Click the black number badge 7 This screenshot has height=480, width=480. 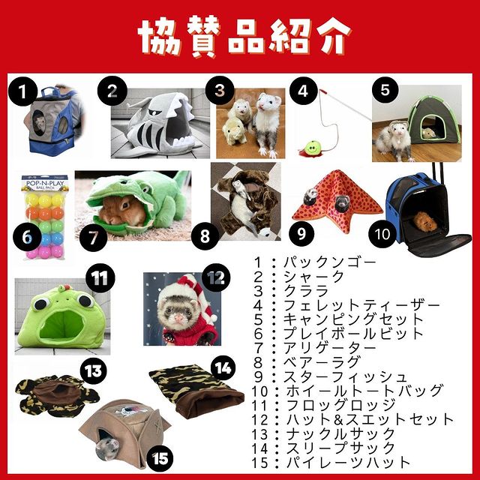pyautogui.click(x=93, y=238)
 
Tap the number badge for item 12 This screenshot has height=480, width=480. pyautogui.click(x=216, y=277)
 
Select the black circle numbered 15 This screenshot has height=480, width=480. pyautogui.click(x=160, y=458)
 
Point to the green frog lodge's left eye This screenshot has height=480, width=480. pyautogui.click(x=41, y=304)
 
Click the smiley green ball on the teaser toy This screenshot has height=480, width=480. pyautogui.click(x=312, y=147)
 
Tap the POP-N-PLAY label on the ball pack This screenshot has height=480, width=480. pyautogui.click(x=45, y=184)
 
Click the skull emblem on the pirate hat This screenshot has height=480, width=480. pyautogui.click(x=128, y=412)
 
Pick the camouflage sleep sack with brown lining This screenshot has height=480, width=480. pyautogui.click(x=196, y=390)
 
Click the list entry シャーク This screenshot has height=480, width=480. pyautogui.click(x=313, y=277)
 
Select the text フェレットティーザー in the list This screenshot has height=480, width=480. pyautogui.click(x=361, y=305)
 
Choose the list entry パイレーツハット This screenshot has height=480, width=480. pyautogui.click(x=348, y=462)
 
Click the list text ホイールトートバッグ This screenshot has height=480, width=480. pyautogui.click(x=364, y=391)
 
